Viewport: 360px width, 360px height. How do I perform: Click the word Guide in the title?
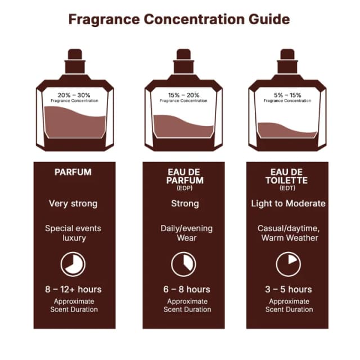coord(269,20)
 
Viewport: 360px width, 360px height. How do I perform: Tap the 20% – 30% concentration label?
coord(74,95)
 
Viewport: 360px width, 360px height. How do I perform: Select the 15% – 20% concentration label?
coord(184,95)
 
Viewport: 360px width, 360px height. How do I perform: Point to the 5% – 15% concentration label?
coord(287,95)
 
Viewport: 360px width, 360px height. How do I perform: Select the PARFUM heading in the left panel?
coord(73,172)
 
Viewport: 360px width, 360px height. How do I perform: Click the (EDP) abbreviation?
coord(185,188)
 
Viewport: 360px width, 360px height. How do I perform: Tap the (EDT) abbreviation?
coord(287,188)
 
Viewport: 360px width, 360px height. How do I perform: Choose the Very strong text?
coord(73,204)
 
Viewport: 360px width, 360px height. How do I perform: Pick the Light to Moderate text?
coord(288,204)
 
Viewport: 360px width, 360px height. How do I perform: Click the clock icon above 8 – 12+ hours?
coord(73,264)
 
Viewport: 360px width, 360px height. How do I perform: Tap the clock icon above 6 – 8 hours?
coord(184,264)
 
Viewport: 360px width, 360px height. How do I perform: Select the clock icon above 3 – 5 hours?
coord(289,264)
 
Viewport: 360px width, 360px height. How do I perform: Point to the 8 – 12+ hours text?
coord(73,289)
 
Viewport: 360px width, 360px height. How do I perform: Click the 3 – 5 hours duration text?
coord(289,289)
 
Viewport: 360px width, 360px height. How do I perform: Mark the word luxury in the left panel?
coord(74,238)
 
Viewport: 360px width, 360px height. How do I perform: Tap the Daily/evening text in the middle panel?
coord(187,229)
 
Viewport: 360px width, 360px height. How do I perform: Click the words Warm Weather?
coord(290,238)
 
